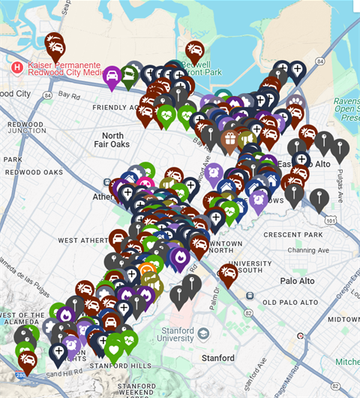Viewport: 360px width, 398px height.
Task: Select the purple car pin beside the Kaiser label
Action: click(x=112, y=75)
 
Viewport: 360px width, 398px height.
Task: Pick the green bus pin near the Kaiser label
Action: click(x=130, y=74)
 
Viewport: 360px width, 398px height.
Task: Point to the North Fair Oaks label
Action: click(x=111, y=140)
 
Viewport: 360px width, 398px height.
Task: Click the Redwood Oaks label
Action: click(x=32, y=172)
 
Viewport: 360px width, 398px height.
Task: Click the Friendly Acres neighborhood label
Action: click(x=114, y=107)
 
